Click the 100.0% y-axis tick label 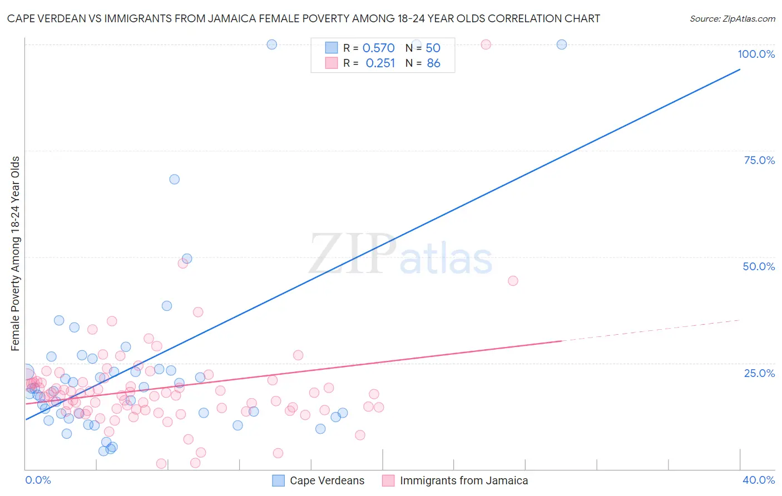tap(756, 54)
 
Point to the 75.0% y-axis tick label tap(759, 160)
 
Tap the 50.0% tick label tap(759, 266)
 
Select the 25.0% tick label tap(759, 373)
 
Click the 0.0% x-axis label tap(38, 480)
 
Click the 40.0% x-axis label tap(758, 480)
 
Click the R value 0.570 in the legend tap(378, 48)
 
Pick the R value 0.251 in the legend tap(380, 63)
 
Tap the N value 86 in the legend tap(433, 63)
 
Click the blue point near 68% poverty tap(174, 179)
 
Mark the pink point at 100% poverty tap(486, 44)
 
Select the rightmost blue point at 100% tap(562, 44)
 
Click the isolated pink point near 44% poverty tap(513, 281)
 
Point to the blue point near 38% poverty tap(167, 306)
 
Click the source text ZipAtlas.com tap(732, 18)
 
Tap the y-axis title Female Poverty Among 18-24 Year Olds tap(16, 254)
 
